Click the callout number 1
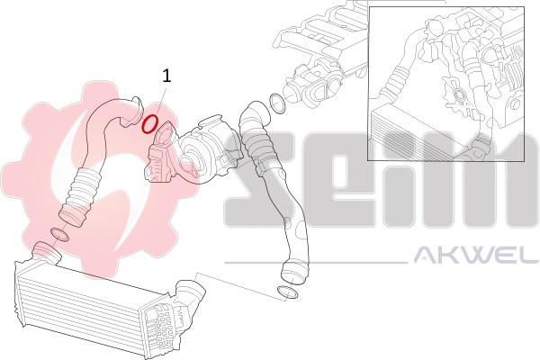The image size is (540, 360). [x=166, y=76]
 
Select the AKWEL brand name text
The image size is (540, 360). [x=476, y=255]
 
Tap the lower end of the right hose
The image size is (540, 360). [x=294, y=272]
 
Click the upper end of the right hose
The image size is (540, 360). [x=256, y=113]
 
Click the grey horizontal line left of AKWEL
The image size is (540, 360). [x=316, y=263]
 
